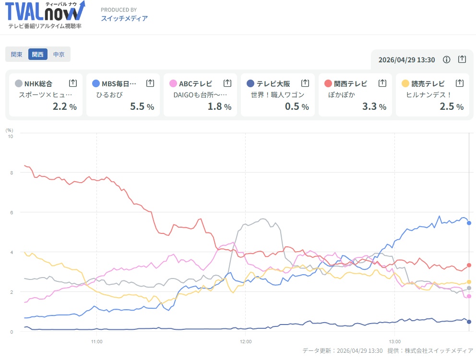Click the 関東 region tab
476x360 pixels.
point(17,55)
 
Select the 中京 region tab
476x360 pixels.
point(59,55)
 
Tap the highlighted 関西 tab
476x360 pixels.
point(38,55)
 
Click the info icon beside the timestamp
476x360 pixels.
point(447,59)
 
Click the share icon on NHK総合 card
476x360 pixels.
point(73,83)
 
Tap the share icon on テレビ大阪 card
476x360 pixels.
point(305,83)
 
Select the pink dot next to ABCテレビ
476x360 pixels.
point(173,83)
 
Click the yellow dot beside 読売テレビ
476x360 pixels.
point(405,83)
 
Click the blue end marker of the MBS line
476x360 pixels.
point(469,223)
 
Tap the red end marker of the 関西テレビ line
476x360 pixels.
point(469,265)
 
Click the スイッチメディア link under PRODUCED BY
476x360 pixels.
point(124,19)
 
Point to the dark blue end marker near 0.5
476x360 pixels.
point(469,322)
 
